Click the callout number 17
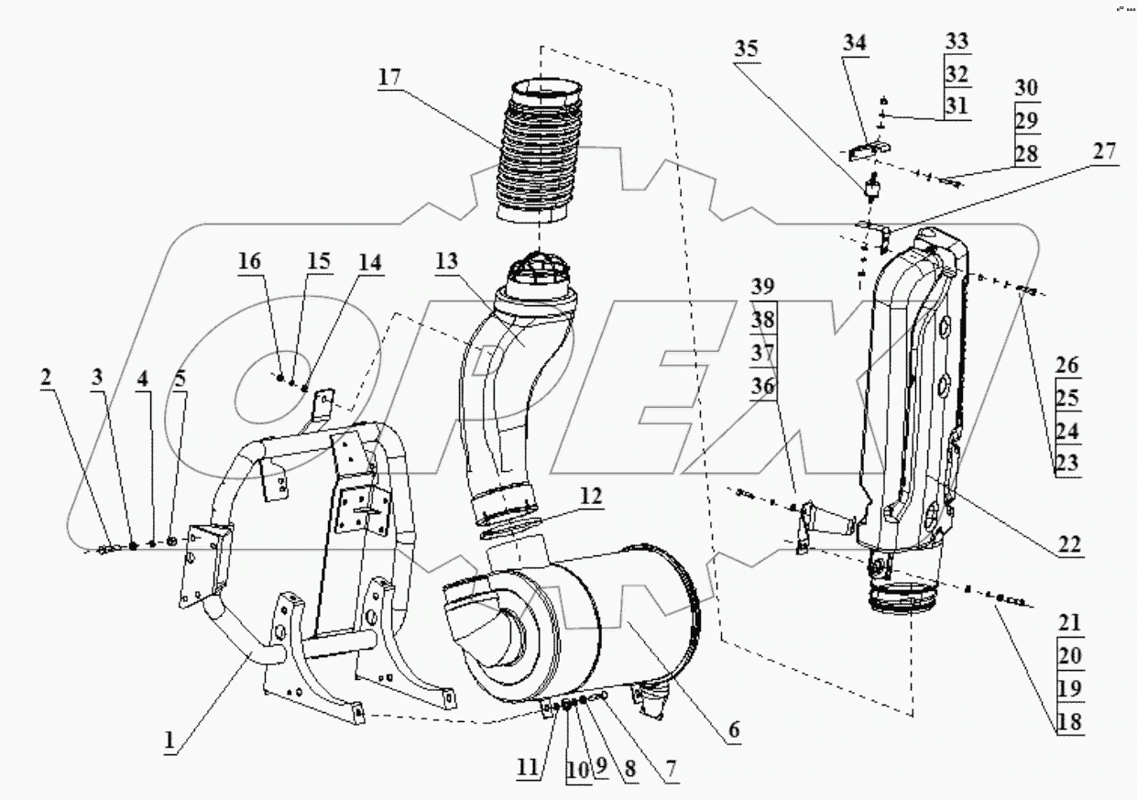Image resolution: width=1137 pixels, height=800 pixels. [388, 78]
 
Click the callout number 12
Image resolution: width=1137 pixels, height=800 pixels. [591, 496]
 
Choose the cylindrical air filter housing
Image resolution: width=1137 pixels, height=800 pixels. [586, 632]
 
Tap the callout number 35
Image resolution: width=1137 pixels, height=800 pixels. [747, 49]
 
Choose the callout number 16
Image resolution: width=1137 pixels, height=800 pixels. [249, 261]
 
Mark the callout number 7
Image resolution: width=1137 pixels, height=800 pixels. [672, 768]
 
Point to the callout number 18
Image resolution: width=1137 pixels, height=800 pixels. [1068, 721]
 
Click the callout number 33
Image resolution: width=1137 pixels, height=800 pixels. [957, 41]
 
